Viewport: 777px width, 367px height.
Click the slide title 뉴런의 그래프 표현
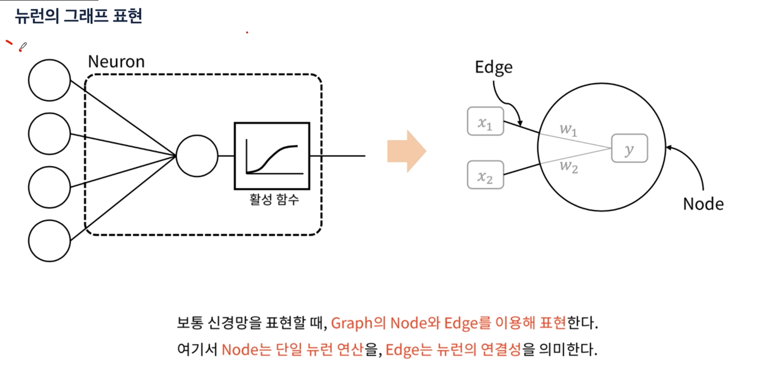tap(79, 16)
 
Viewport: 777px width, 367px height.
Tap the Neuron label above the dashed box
tap(116, 62)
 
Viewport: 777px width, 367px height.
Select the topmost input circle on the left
tap(50, 80)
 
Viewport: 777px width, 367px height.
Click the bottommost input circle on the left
tap(50, 241)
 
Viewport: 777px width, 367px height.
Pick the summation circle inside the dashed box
tap(197, 156)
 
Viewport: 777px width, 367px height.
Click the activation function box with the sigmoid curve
tap(272, 156)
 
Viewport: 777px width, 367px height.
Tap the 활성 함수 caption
tap(274, 200)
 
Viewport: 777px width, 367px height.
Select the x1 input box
tap(485, 121)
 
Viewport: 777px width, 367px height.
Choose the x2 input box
tap(485, 175)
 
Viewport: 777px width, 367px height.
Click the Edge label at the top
tap(494, 67)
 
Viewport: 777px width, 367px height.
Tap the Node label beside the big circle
tap(703, 204)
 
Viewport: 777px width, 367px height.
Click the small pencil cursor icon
tap(23, 46)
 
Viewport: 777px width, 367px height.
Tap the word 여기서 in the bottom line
tap(197, 350)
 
